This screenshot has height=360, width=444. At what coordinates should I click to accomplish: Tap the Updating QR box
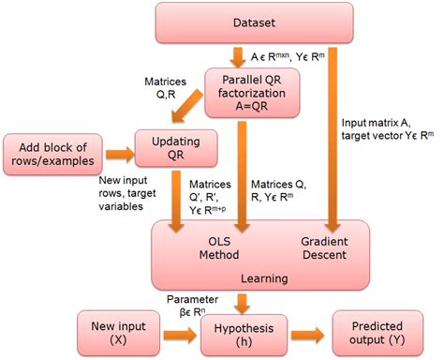click(x=175, y=147)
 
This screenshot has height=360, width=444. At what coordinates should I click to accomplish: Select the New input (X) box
click(x=110, y=333)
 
